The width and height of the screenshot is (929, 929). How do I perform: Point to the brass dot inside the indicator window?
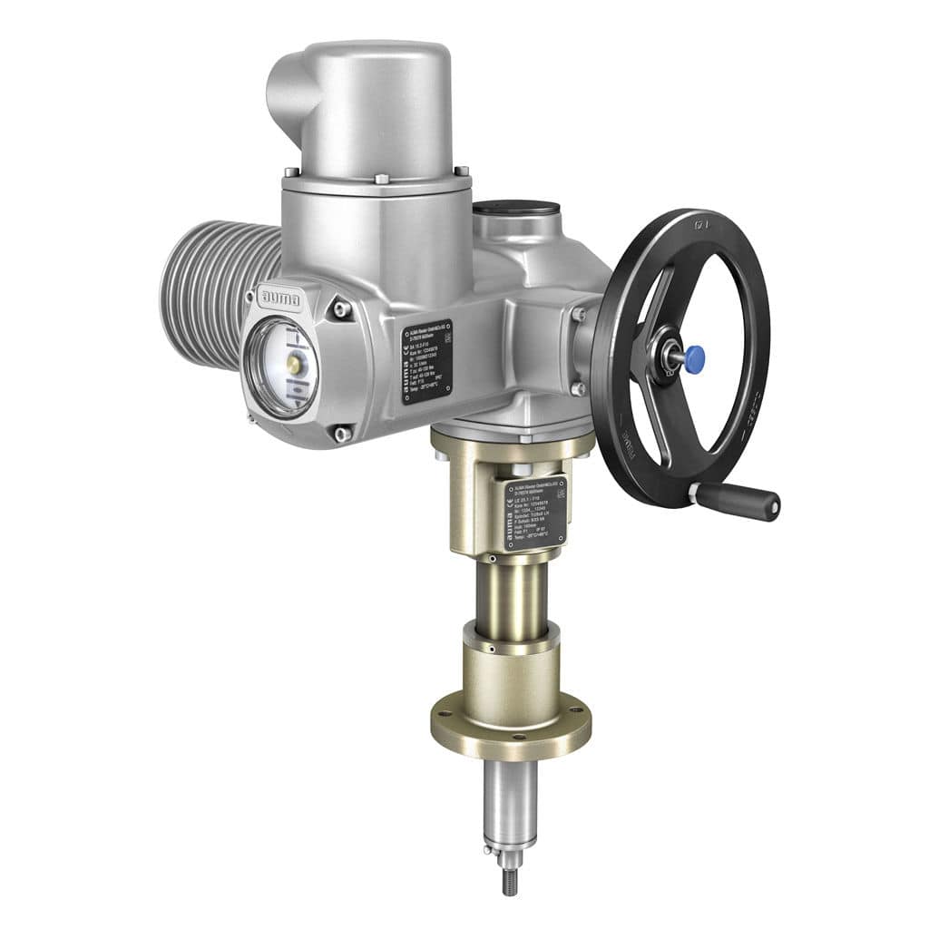pyautogui.click(x=292, y=365)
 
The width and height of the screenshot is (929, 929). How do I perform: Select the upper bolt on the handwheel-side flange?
pyautogui.click(x=579, y=315)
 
